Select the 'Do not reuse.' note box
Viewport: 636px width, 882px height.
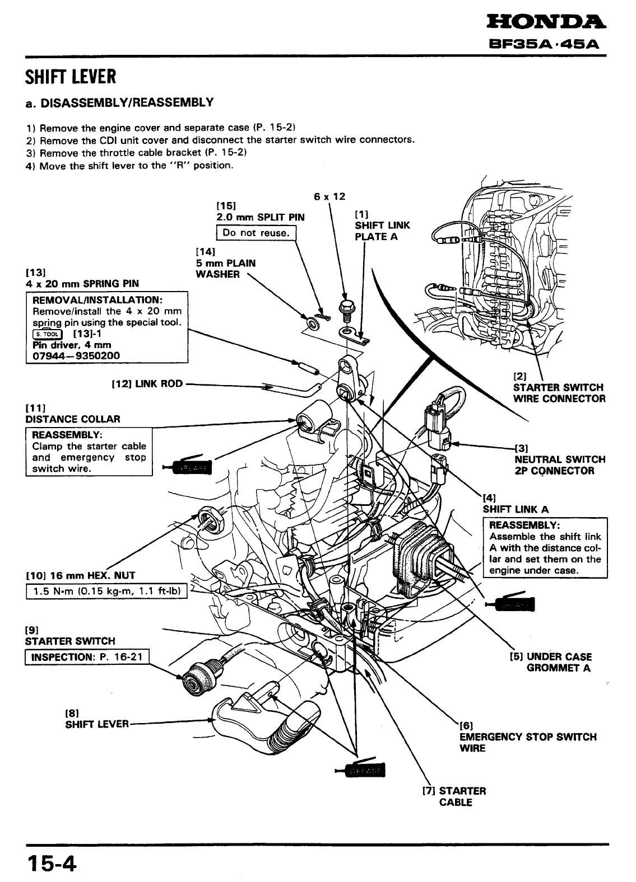255,233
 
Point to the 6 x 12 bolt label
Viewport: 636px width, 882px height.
329,196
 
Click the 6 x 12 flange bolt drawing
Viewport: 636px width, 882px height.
345,308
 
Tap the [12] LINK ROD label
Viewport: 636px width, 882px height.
147,383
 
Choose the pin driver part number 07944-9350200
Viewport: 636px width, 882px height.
76,356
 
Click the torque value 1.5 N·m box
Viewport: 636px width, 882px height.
106,592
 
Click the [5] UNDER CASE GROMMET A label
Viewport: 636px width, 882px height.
551,662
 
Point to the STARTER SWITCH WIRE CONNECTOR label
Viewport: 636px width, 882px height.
559,393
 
